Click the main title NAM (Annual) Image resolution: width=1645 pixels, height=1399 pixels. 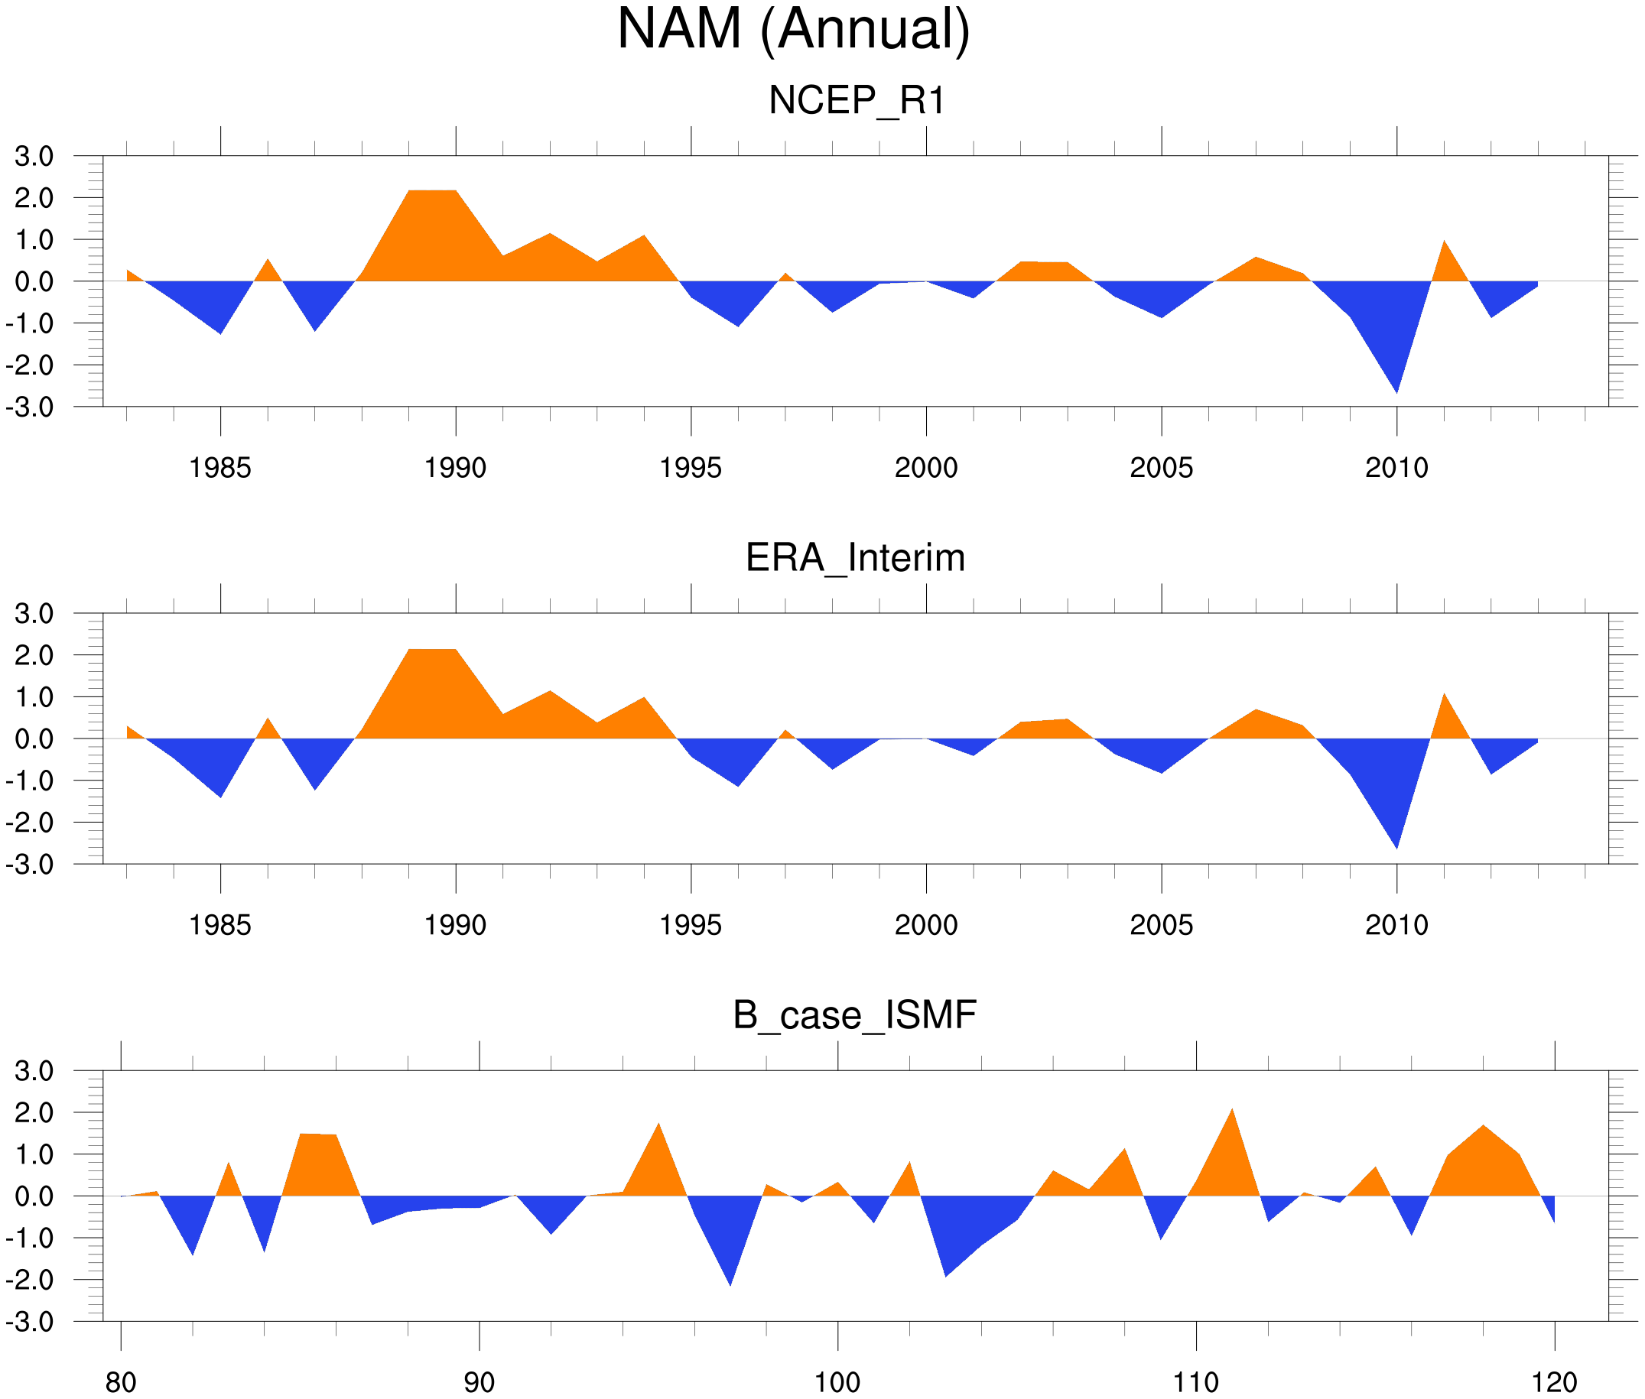click(793, 30)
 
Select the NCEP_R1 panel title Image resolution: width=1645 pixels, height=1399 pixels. click(857, 101)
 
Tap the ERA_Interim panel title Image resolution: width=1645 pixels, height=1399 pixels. click(855, 558)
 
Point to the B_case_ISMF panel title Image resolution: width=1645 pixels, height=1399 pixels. click(854, 1015)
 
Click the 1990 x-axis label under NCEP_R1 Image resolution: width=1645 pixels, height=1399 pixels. click(455, 468)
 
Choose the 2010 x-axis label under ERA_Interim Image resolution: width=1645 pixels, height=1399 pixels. click(1396, 925)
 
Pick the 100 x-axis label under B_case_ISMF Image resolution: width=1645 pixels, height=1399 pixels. click(837, 1382)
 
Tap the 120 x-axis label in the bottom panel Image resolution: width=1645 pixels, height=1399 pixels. click(1554, 1382)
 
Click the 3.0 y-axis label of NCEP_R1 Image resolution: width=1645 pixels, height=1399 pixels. click(34, 156)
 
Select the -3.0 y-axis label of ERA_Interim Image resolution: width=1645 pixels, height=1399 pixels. click(30, 865)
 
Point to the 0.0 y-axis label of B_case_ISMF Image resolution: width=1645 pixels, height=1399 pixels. click(34, 1196)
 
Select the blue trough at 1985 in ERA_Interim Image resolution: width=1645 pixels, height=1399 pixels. click(220, 781)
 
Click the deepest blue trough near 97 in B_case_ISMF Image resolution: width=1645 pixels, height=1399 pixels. click(730, 1261)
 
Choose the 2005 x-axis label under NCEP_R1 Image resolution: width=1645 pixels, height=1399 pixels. click(1161, 468)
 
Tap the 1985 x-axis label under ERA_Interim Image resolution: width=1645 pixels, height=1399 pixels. click(219, 925)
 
